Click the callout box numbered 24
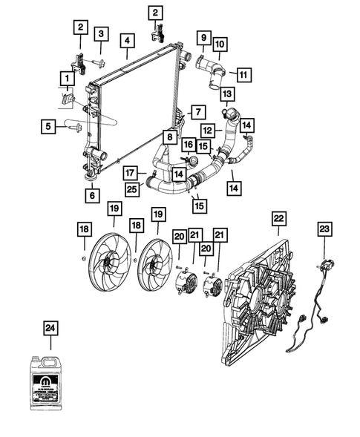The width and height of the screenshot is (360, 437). tap(50, 327)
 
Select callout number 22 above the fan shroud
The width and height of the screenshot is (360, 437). tap(278, 219)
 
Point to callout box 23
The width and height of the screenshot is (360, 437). tap(325, 229)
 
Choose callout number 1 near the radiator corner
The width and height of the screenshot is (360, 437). tap(68, 78)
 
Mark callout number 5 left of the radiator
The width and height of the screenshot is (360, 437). tap(49, 127)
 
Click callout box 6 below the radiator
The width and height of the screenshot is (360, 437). tap(91, 196)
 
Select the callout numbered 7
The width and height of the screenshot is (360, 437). tap(197, 112)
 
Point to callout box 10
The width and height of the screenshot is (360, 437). tap(220, 45)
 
